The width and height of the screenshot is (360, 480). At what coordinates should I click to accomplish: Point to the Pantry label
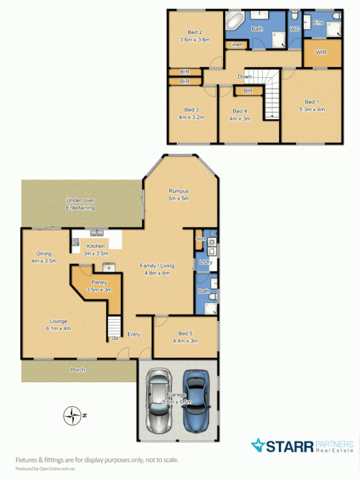tap(99, 282)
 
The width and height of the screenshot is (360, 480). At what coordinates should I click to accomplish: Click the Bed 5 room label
tap(185, 334)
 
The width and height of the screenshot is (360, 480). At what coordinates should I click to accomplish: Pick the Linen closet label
tap(235, 45)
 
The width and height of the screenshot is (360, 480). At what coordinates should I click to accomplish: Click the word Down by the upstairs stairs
tap(245, 77)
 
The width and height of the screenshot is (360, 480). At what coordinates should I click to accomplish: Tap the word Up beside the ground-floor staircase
tap(115, 338)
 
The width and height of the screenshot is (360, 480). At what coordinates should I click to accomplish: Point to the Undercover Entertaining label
tap(81, 203)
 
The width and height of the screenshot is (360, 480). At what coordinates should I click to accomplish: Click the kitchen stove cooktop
tap(76, 242)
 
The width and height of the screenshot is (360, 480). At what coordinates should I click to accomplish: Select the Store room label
tap(201, 239)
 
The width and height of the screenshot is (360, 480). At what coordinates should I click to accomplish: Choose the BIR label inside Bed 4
tap(247, 91)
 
